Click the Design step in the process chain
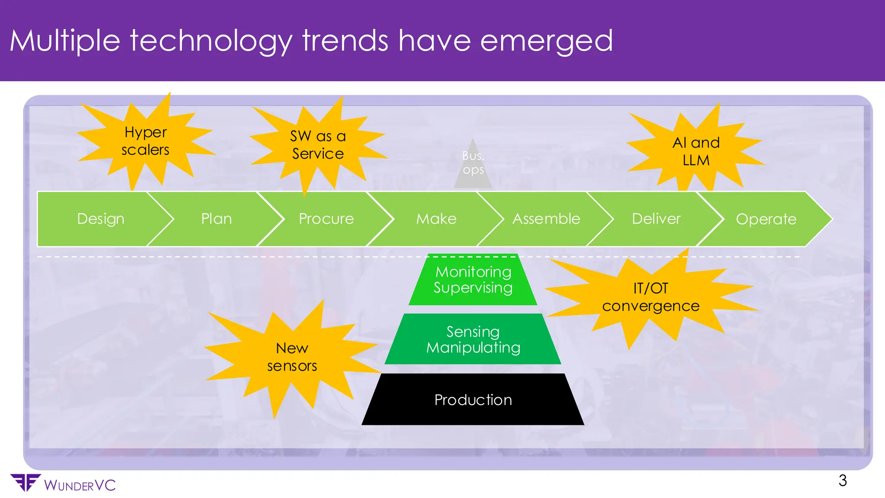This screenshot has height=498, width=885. tap(101, 219)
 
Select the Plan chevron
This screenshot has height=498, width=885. tap(216, 219)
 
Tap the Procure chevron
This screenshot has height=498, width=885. tap(326, 219)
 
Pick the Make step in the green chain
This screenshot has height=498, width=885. tap(436, 219)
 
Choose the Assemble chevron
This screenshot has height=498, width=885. tap(546, 219)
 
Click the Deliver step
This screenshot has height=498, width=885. tap(656, 219)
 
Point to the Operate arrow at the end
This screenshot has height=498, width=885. tap(766, 219)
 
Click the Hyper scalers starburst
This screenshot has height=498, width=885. tap(145, 141)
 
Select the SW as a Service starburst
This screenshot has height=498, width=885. tap(318, 145)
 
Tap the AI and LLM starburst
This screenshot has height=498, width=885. tap(696, 151)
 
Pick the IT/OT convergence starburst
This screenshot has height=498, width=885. tap(650, 297)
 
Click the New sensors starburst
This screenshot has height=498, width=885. tap(292, 357)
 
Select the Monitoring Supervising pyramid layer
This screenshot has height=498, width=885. tap(473, 280)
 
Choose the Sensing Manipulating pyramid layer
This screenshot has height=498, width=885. tap(473, 339)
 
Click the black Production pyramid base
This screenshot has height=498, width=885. tap(473, 400)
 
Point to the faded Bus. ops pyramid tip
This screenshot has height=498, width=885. tap(473, 163)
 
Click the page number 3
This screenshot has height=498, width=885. tap(842, 481)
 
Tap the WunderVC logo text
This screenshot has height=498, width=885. tap(80, 485)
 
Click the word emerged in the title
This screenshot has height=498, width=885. tap(546, 41)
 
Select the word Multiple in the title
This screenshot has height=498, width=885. tap(65, 41)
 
